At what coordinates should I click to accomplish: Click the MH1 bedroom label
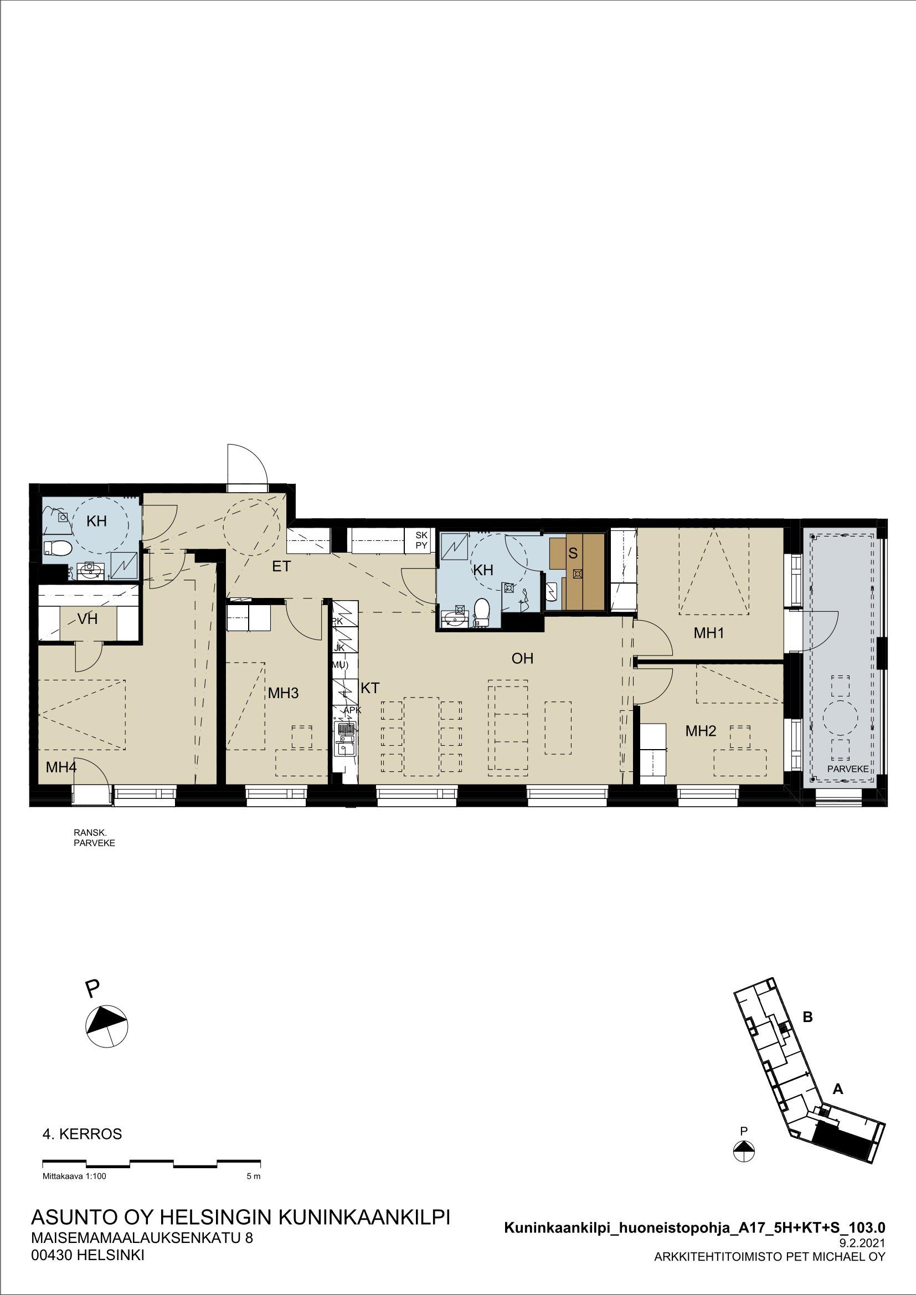pos(708,633)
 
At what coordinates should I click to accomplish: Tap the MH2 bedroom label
pos(701,731)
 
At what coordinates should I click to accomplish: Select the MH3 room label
pos(283,693)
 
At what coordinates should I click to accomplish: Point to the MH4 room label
pos(61,766)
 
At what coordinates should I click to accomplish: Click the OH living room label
pos(523,658)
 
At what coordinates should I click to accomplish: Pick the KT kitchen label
pos(370,688)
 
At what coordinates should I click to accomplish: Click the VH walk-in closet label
pos(88,619)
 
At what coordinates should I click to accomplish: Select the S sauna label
pos(573,553)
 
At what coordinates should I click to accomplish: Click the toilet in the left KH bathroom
pos(58,547)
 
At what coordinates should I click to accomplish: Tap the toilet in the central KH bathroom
pos(481,612)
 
